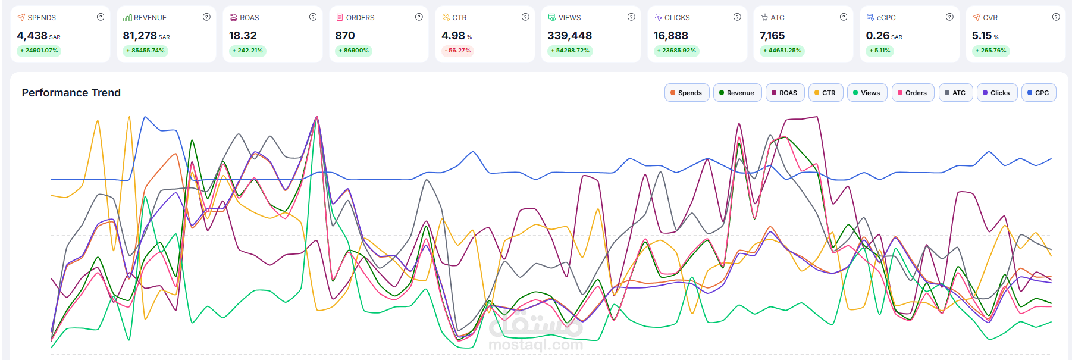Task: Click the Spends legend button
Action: coord(687,93)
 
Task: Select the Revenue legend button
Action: coord(737,93)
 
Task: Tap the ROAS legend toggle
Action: coord(785,93)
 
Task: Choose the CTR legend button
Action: coord(825,93)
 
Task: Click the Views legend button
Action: coord(867,93)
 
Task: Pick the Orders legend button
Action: coord(913,93)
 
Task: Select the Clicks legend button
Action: coord(996,93)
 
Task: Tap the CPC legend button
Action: coord(1038,93)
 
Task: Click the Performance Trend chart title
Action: coord(71,93)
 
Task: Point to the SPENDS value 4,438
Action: coord(32,36)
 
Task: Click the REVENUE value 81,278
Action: coord(140,36)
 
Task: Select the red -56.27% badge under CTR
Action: coord(457,51)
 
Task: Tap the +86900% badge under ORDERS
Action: coord(354,51)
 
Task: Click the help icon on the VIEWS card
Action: coord(631,17)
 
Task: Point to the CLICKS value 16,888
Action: coord(670,36)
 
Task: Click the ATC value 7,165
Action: coord(772,36)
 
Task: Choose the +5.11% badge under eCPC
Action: coord(880,51)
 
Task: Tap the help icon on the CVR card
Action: coord(1056,17)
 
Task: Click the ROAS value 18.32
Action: coord(243,36)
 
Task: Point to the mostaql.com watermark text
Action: coord(535,345)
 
